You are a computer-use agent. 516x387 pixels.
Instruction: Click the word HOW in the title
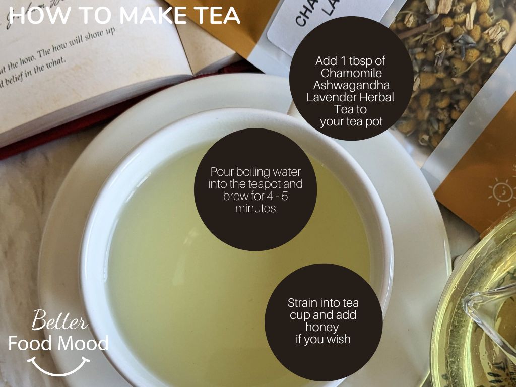33,15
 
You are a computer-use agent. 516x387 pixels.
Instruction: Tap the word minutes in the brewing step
255,208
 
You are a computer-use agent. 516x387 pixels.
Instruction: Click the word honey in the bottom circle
322,327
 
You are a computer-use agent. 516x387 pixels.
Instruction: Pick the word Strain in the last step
302,303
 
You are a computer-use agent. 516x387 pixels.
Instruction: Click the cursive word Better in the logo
59,321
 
